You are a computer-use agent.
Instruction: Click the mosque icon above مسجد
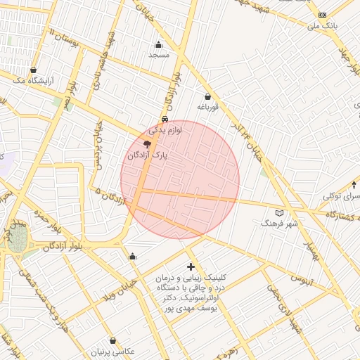pyautogui.click(x=158, y=44)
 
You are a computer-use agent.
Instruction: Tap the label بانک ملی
pyautogui.click(x=323, y=26)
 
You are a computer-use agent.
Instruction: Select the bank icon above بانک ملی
pyautogui.click(x=322, y=15)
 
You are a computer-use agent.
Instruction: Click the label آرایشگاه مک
pyautogui.click(x=33, y=81)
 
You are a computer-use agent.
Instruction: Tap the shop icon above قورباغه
pyautogui.click(x=207, y=96)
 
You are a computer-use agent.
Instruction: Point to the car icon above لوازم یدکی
pyautogui.click(x=165, y=119)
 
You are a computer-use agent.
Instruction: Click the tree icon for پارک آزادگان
pyautogui.click(x=146, y=143)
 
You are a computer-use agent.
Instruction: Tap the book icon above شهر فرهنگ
pyautogui.click(x=280, y=212)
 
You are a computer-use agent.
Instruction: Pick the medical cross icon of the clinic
pyautogui.click(x=191, y=266)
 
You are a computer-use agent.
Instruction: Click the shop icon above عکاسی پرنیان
pyautogui.click(x=112, y=340)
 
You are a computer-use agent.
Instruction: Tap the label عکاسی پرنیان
pyautogui.click(x=112, y=351)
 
